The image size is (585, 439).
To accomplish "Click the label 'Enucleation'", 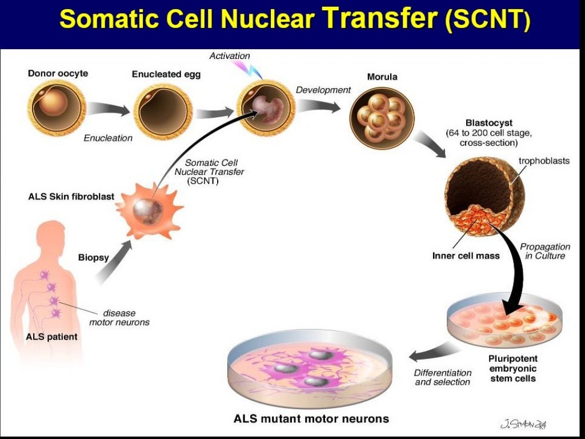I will [108, 138].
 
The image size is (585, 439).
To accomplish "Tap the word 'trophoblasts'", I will [544, 161].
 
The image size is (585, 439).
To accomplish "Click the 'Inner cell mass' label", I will [466, 256].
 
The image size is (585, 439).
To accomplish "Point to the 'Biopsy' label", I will [93, 257].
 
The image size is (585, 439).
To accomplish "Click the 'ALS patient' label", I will [51, 337].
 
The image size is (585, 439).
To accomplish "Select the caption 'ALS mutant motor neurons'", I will [311, 418].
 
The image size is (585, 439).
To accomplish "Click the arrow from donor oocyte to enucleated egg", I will [109, 109].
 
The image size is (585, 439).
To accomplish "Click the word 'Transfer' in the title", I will [380, 19].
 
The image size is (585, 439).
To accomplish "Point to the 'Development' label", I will [323, 90].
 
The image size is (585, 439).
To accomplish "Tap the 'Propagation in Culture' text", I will [545, 251].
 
